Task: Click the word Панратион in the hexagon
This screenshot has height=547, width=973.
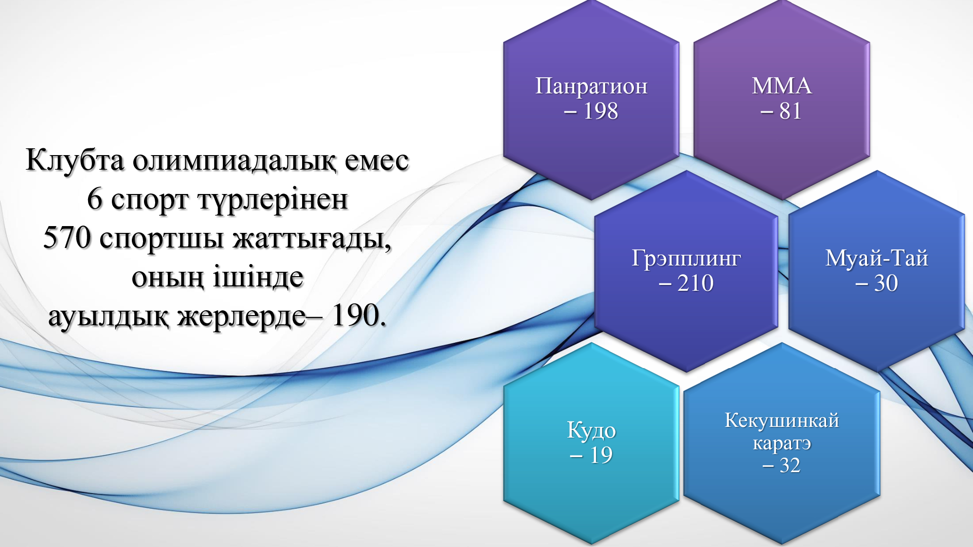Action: (591, 87)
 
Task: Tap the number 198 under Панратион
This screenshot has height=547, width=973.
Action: (601, 111)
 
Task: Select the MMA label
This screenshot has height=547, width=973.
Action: (782, 86)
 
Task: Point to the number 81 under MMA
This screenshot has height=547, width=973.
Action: (791, 111)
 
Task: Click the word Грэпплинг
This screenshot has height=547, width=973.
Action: (686, 259)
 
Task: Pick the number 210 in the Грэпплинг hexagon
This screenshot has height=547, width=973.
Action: (696, 283)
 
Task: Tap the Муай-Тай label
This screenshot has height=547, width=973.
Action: (877, 258)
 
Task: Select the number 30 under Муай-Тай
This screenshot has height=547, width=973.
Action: (886, 283)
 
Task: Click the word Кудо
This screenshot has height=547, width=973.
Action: (591, 431)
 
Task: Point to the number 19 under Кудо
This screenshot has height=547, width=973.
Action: (601, 455)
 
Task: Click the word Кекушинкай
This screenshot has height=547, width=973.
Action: (782, 420)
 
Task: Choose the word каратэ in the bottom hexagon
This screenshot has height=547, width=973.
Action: (782, 443)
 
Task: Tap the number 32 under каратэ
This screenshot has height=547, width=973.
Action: (790, 466)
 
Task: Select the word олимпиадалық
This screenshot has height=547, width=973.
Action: (234, 161)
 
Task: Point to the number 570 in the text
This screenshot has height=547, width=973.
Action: (67, 238)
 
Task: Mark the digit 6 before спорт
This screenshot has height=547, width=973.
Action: (94, 199)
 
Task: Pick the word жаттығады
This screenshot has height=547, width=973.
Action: (312, 239)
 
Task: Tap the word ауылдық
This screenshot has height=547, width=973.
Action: (108, 317)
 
